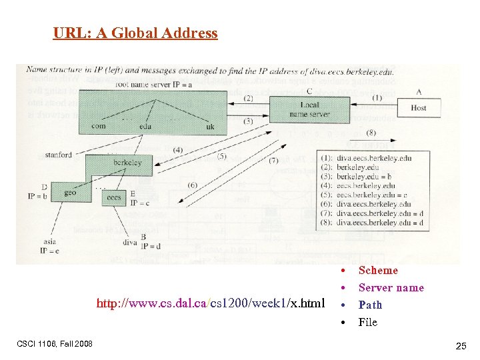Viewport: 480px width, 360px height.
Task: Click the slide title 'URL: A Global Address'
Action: click(135, 33)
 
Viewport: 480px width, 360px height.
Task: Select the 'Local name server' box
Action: click(309, 109)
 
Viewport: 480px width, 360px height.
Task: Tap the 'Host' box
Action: click(419, 107)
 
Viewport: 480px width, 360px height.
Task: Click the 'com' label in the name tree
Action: click(98, 126)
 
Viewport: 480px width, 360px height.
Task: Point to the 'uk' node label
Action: click(211, 126)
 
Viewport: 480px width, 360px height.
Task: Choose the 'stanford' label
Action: click(59, 155)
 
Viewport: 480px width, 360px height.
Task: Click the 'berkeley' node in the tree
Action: click(127, 163)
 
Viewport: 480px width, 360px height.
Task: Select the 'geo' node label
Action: click(70, 193)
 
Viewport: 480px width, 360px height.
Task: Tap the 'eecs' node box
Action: click(114, 197)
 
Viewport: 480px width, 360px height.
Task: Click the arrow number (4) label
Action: click(178, 150)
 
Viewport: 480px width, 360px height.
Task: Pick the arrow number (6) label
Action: click(192, 185)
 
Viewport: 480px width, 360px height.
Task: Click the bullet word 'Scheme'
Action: click(378, 271)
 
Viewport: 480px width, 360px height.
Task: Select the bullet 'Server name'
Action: click(391, 288)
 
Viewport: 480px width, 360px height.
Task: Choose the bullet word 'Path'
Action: click(370, 305)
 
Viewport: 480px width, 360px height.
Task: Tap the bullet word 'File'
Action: click(367, 323)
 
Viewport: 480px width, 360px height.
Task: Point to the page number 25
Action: click(461, 346)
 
